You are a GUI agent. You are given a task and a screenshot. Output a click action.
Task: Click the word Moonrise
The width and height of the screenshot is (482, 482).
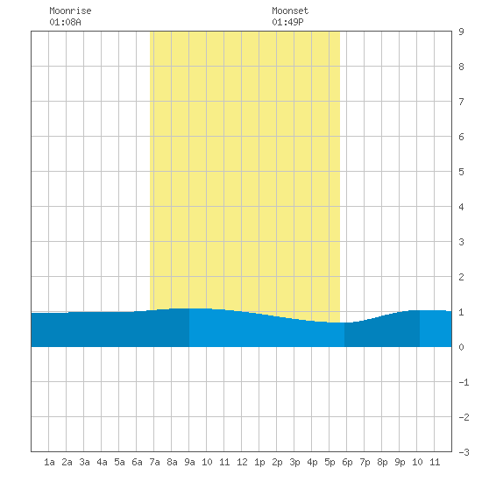(x=70, y=11)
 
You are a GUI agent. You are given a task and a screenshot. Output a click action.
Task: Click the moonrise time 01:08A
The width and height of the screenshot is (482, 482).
(x=65, y=22)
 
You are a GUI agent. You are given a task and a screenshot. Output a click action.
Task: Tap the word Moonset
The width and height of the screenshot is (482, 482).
(x=290, y=11)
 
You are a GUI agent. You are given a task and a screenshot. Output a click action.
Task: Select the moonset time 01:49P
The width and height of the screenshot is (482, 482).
(x=287, y=22)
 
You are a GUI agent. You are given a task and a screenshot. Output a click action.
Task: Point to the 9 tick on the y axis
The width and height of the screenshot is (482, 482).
(x=461, y=32)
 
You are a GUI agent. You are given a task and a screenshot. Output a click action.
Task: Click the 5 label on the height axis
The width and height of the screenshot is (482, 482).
(x=461, y=172)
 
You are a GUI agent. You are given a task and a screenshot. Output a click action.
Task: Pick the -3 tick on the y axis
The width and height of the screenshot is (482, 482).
(x=464, y=452)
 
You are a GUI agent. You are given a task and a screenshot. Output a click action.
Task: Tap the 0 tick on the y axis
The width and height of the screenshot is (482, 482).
(x=461, y=347)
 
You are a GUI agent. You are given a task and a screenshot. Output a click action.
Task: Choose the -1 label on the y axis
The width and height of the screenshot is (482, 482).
(x=464, y=382)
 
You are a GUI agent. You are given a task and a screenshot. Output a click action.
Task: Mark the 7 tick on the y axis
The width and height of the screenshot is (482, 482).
(x=461, y=102)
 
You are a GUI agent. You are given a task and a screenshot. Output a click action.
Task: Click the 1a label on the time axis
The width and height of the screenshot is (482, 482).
(x=49, y=462)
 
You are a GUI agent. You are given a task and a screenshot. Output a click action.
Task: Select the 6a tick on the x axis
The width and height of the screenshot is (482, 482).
(x=137, y=462)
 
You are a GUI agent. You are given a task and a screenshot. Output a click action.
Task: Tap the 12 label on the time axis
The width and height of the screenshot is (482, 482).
(x=242, y=462)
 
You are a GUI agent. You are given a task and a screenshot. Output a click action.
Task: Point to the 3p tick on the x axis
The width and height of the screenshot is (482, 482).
(x=294, y=462)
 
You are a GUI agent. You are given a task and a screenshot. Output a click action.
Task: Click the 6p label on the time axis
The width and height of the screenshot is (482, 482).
(x=347, y=462)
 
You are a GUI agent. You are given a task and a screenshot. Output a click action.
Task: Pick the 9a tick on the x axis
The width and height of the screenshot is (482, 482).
(x=189, y=462)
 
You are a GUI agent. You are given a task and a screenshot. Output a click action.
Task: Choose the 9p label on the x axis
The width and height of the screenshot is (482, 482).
(x=400, y=462)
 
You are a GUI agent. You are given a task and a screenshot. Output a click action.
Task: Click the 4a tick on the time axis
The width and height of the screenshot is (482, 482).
(x=102, y=462)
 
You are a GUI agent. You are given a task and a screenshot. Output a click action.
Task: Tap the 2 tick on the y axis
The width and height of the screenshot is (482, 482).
(x=461, y=277)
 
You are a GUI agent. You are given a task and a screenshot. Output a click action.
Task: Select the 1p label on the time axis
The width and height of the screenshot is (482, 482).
(x=259, y=462)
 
